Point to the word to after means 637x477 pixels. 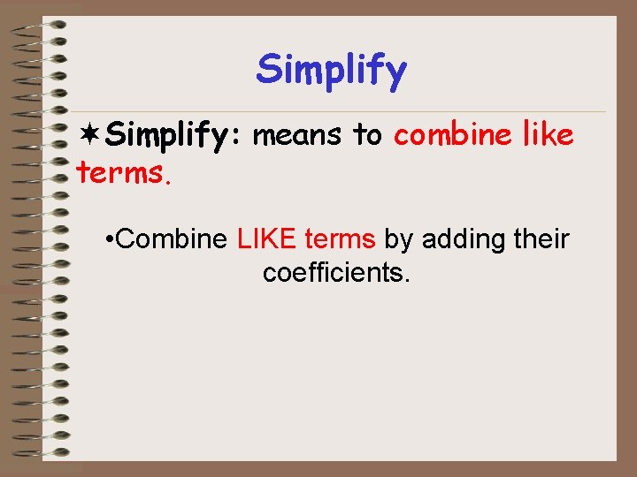tap(367, 135)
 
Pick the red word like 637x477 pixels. tap(548, 135)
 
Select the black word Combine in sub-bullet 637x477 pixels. tap(173, 239)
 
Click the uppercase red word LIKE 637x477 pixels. tap(267, 239)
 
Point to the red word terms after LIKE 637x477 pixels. tap(341, 239)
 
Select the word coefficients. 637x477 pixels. tap(336, 273)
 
